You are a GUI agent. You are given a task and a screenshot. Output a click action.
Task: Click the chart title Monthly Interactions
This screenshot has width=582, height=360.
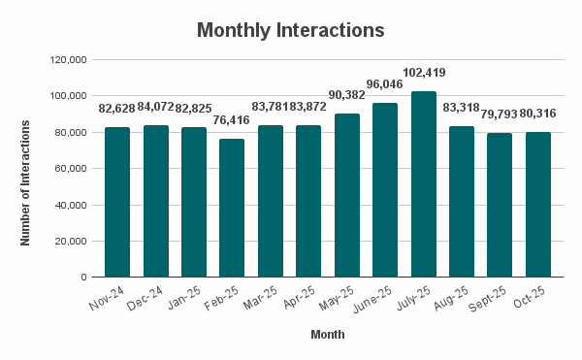click(291, 30)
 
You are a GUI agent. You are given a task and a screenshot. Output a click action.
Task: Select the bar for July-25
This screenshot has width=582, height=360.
click(423, 184)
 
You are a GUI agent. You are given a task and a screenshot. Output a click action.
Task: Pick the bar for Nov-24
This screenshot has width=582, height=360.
click(117, 202)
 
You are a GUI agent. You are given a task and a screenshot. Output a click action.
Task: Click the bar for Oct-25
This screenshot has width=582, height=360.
click(537, 205)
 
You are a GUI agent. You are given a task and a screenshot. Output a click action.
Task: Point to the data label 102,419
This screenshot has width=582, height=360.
click(423, 73)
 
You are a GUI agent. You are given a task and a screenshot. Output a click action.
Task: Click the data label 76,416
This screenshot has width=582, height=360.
click(232, 120)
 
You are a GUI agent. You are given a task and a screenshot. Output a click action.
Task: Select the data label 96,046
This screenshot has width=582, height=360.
click(385, 83)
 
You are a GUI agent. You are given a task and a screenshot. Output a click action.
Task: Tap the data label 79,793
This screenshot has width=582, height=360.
click(500, 115)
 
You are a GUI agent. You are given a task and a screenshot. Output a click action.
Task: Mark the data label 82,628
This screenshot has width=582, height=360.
click(117, 109)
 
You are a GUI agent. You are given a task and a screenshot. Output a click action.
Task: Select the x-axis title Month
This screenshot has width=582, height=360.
click(327, 335)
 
